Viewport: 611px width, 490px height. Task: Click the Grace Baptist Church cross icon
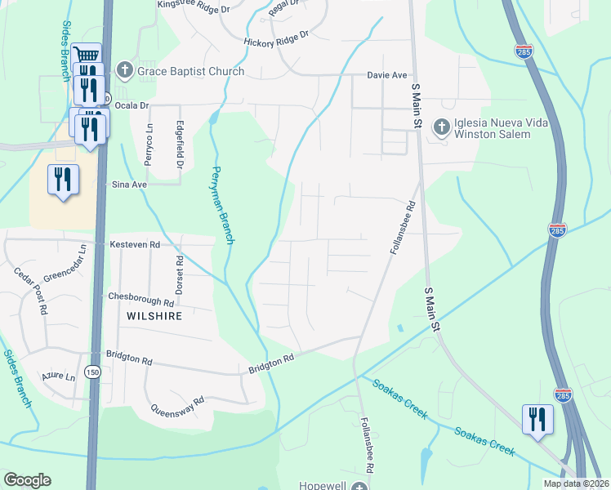click(125, 70)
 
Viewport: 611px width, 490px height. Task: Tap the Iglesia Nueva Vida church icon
click(442, 127)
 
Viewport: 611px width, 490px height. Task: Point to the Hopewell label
click(323, 485)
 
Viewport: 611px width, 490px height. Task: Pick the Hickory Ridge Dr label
click(275, 38)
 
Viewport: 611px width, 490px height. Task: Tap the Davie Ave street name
click(386, 75)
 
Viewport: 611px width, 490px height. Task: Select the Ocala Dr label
click(132, 105)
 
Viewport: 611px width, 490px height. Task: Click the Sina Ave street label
click(129, 185)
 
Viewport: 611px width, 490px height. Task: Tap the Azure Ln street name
click(59, 377)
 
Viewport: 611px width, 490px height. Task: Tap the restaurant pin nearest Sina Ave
click(64, 178)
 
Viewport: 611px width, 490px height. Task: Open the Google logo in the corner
click(27, 480)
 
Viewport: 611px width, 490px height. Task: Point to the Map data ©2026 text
click(576, 483)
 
